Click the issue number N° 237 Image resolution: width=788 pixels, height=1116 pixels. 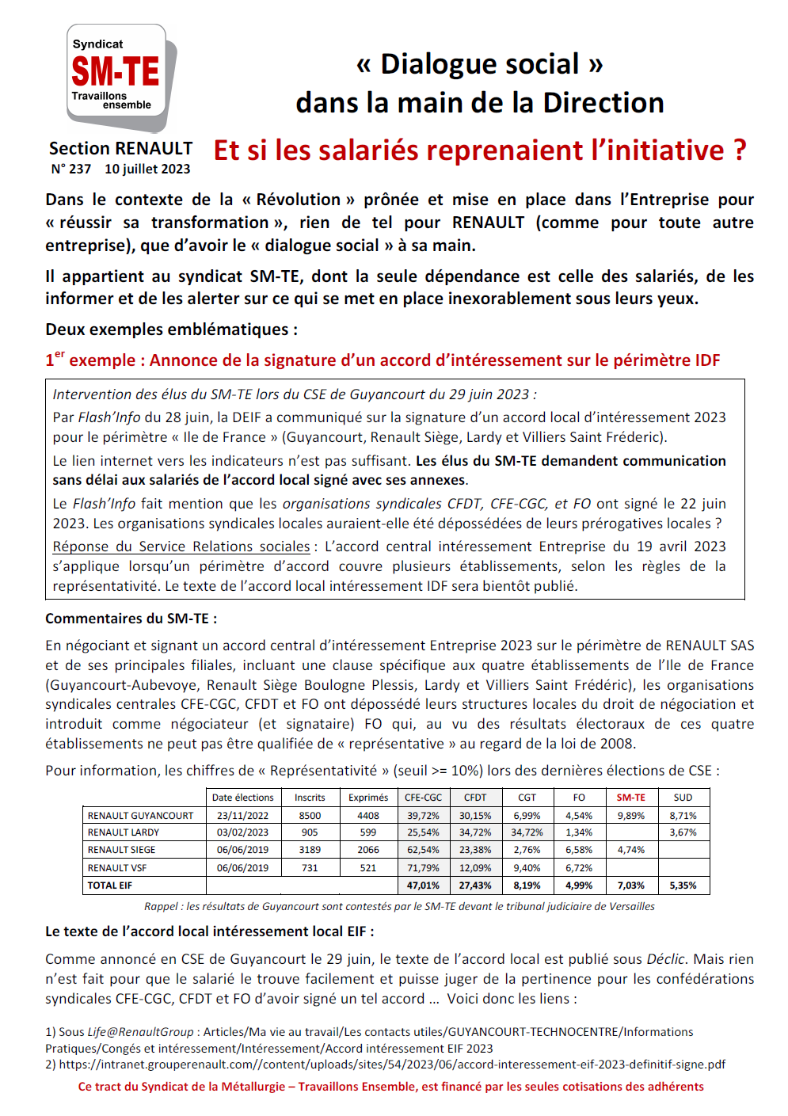point(71,169)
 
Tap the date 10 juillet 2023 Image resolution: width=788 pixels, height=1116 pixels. point(147,169)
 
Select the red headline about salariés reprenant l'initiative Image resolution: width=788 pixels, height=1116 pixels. point(480,150)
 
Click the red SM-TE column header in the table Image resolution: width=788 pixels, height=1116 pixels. point(631,798)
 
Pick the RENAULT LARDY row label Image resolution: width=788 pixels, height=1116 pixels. point(124,832)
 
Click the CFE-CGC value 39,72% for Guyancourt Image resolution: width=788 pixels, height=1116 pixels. point(423,815)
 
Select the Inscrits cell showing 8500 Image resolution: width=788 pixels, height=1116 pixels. point(310,815)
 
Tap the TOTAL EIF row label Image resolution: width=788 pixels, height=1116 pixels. point(110,886)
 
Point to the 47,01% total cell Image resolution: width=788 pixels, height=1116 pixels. point(423,886)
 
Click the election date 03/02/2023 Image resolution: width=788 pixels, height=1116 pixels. point(242,832)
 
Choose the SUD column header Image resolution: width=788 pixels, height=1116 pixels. point(683,798)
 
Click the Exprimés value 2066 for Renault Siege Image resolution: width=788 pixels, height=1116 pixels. point(368,850)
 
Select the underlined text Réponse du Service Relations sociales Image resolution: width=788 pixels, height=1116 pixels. point(181,547)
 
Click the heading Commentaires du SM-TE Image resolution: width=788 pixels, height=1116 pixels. point(131,619)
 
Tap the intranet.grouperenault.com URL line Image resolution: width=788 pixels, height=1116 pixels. point(391,1065)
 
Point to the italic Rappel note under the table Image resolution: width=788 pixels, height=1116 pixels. point(399,906)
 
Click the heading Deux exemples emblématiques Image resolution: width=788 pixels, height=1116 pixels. point(172,329)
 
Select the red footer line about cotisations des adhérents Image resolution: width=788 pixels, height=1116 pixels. point(390,1087)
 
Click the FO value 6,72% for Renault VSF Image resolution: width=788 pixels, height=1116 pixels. point(579,868)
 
